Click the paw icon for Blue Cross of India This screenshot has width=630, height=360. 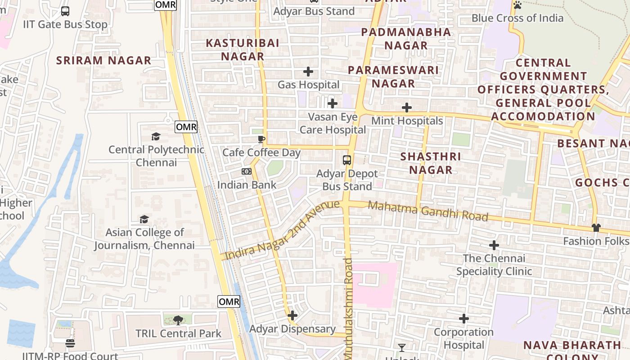click(517, 5)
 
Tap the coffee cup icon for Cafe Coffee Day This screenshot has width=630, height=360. click(261, 139)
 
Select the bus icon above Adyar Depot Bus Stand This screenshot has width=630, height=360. click(347, 160)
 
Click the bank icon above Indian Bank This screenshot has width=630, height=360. click(246, 171)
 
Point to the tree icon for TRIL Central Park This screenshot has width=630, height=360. click(178, 320)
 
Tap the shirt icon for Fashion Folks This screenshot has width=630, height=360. click(596, 228)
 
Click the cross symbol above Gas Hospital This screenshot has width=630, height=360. click(308, 72)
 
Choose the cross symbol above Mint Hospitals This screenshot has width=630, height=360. click(407, 108)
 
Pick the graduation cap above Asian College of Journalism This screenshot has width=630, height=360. click(144, 219)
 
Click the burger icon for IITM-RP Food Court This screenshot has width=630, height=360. click(70, 344)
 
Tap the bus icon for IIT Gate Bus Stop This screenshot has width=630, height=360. click(65, 11)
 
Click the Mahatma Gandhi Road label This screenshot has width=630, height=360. click(428, 211)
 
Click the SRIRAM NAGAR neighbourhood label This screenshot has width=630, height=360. click(103, 60)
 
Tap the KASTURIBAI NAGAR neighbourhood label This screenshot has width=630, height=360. click(243, 49)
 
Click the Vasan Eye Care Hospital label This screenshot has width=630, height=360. click(333, 123)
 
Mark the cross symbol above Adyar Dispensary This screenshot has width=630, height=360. click(292, 315)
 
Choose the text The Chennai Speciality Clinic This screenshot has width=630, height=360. click(494, 265)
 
